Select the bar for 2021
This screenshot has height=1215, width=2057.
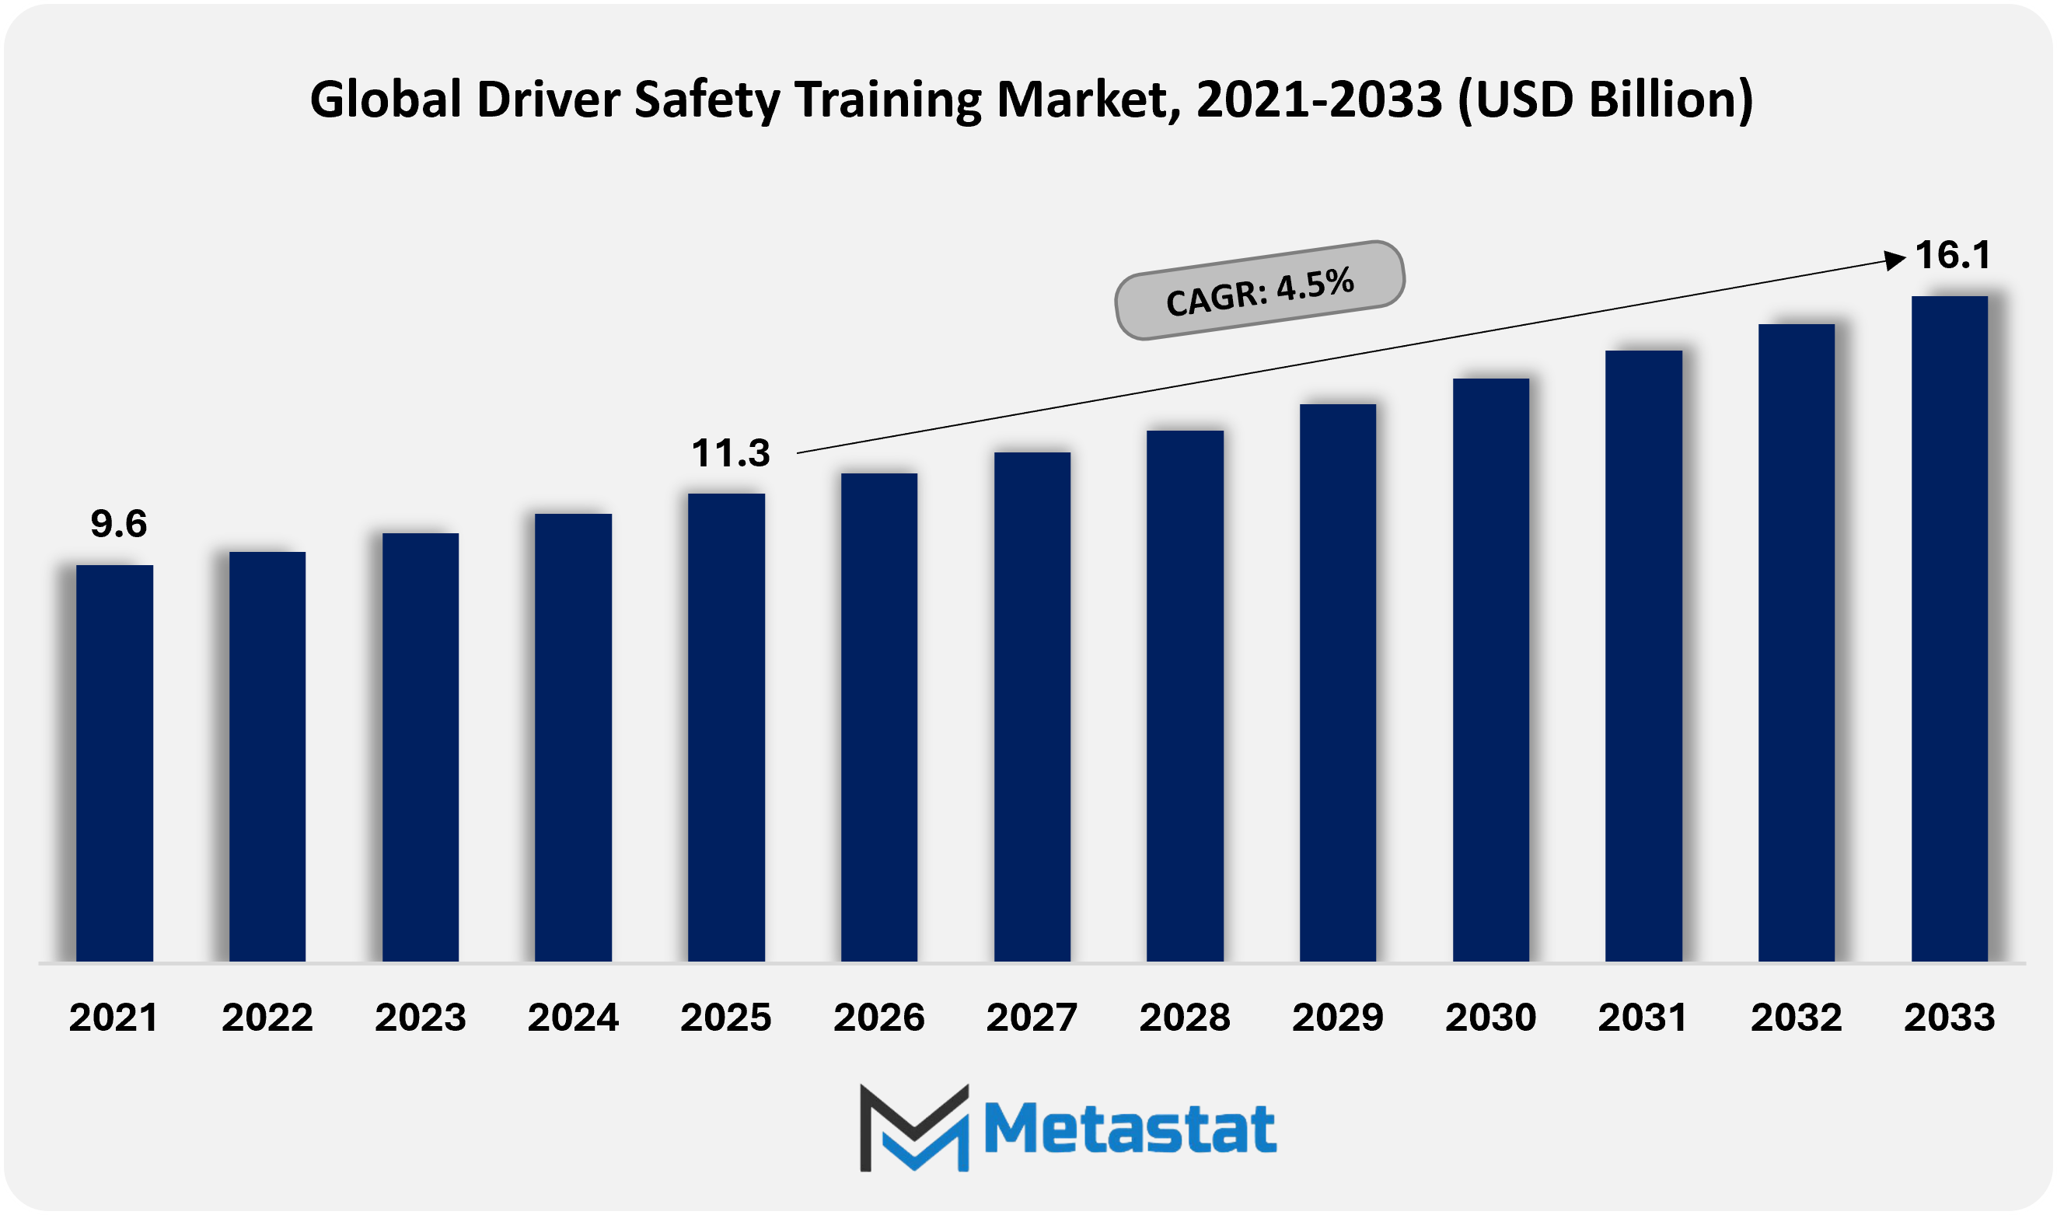coord(114,763)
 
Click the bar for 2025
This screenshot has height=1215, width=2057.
coord(726,727)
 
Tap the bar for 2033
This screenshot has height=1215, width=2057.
coord(1949,629)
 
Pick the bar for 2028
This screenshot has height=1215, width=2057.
coord(1185,696)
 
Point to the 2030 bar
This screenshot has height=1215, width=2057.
coord(1490,670)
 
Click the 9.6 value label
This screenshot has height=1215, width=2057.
coord(119,524)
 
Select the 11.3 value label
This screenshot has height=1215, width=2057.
coord(730,453)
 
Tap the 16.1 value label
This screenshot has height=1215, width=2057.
coord(1952,256)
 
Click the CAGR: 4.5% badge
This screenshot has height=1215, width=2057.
coord(1259,291)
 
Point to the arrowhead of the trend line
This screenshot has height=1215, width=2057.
coord(1894,260)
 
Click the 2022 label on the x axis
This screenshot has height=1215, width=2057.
coord(267,1018)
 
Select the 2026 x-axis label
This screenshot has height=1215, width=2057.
coord(878,1018)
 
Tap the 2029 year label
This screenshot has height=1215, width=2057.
coord(1337,1018)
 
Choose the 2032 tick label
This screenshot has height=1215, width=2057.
coord(1796,1018)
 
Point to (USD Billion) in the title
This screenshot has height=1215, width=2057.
coord(1605,100)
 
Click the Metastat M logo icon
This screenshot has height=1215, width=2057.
coord(914,1128)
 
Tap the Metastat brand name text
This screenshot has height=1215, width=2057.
coord(1130,1129)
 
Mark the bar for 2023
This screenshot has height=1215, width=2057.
coord(420,748)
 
